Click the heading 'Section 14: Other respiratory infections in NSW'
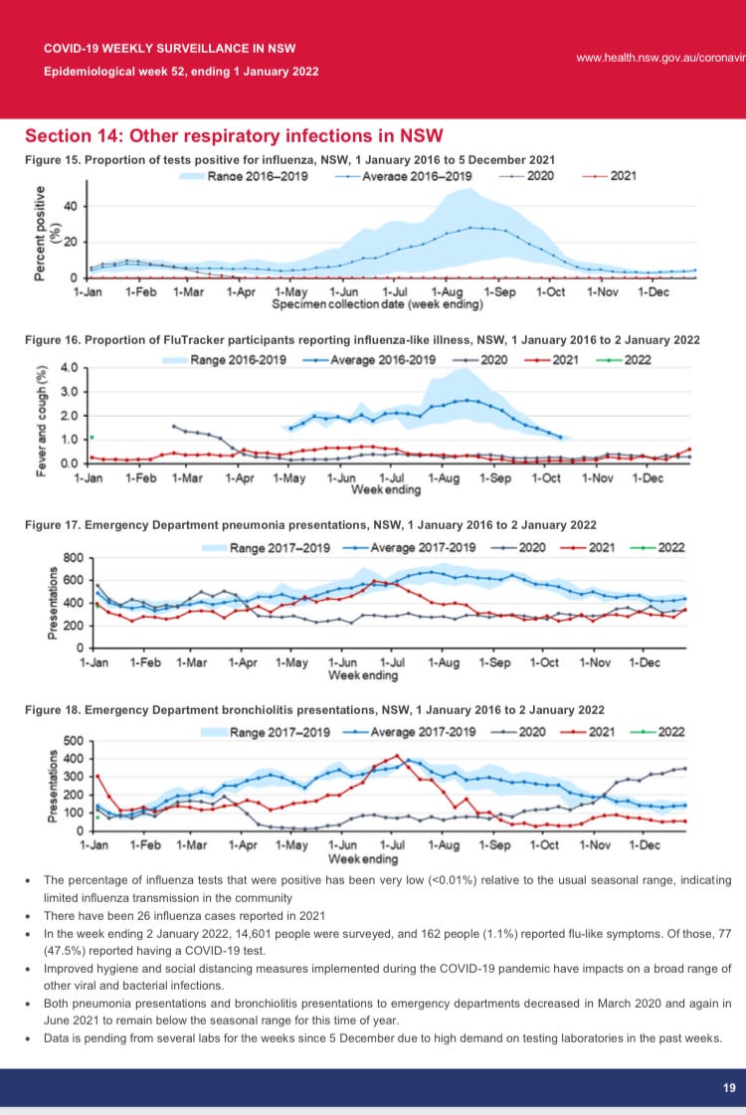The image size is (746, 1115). (x=234, y=135)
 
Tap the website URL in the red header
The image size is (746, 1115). (x=660, y=57)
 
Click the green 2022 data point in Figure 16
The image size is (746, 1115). (x=92, y=437)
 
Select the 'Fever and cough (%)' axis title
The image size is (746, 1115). (x=42, y=422)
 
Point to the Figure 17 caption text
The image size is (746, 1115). (x=310, y=524)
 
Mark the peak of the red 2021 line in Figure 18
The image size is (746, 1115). (x=398, y=756)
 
